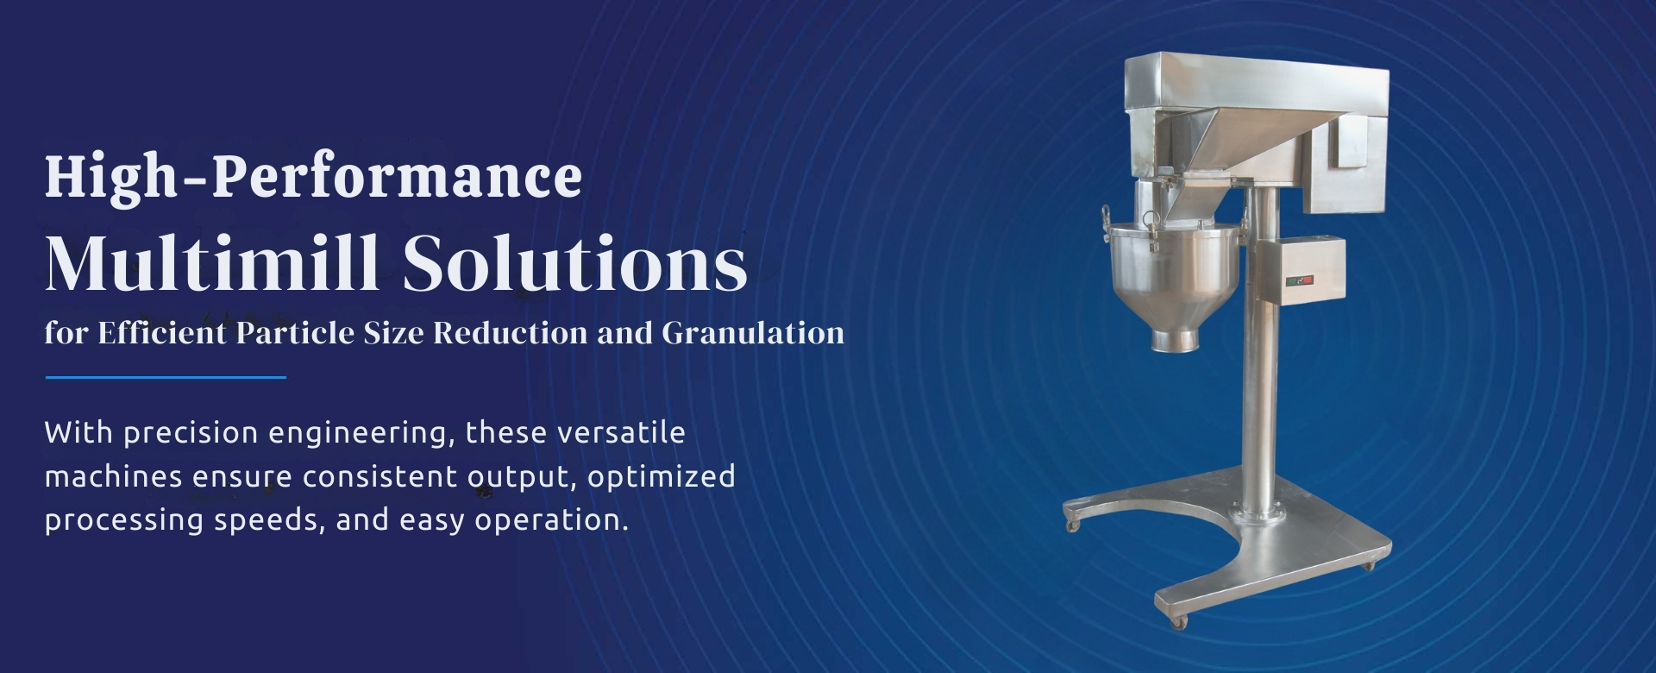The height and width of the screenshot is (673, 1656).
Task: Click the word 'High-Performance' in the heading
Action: click(x=313, y=178)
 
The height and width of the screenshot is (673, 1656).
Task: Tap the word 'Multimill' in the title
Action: click(x=212, y=262)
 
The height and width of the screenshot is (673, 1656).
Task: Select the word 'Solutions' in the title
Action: click(x=574, y=262)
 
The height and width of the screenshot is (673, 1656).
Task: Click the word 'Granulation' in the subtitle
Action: click(x=753, y=333)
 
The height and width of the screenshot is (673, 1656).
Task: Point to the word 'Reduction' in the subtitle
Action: click(x=511, y=333)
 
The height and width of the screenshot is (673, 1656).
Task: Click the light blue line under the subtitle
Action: click(x=166, y=377)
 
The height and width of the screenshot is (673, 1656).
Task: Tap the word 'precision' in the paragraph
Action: click(x=191, y=433)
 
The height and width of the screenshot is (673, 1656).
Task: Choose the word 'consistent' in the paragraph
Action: click(x=380, y=477)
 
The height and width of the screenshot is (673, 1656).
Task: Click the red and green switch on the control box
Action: click(x=1299, y=280)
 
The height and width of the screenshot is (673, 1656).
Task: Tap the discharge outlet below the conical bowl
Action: click(x=1176, y=340)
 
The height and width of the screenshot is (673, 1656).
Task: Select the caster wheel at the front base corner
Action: click(x=1175, y=620)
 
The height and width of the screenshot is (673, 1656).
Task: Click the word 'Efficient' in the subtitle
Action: click(x=161, y=333)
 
